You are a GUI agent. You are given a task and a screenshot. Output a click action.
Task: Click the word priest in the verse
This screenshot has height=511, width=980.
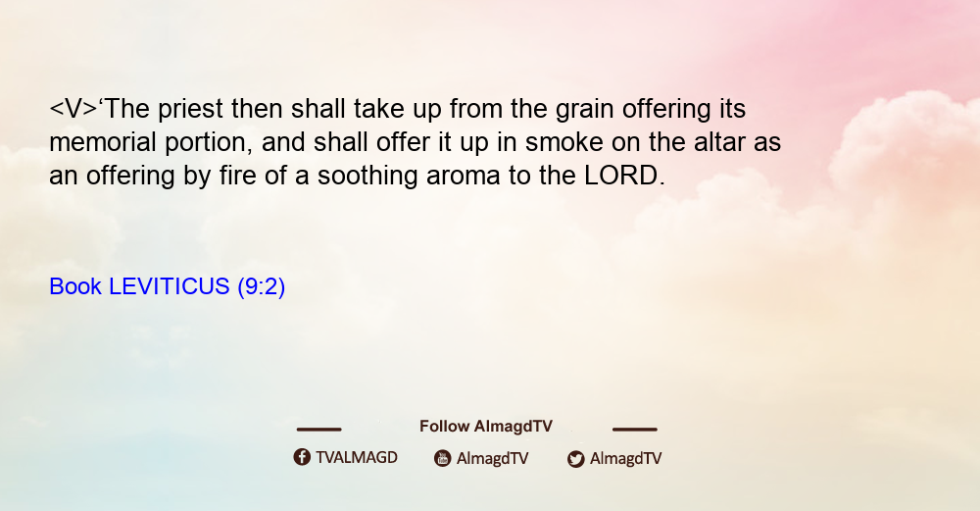point(190,110)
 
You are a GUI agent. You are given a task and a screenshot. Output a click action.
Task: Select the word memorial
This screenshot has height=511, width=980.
point(103,142)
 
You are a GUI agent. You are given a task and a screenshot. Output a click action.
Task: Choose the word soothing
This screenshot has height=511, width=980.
point(367,176)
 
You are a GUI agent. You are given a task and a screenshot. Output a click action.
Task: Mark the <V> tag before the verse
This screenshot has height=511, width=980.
point(73,110)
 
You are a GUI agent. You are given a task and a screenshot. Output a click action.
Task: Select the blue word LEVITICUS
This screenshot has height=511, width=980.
point(170,286)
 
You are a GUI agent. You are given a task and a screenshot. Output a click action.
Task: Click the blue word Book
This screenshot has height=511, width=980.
point(75,286)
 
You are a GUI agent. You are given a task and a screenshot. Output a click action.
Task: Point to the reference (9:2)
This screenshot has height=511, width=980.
point(262,287)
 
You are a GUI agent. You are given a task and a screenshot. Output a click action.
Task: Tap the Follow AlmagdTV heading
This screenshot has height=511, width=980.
point(486,427)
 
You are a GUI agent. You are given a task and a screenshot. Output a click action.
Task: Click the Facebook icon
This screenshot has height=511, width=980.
point(302,457)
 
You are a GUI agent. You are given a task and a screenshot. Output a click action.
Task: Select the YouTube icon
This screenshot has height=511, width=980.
point(443,458)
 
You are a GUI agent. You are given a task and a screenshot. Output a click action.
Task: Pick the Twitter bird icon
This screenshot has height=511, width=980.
point(576,459)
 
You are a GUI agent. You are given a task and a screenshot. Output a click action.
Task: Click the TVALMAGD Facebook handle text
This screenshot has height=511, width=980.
point(357,458)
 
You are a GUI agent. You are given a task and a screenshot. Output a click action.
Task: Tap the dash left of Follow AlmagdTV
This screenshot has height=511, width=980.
point(318,429)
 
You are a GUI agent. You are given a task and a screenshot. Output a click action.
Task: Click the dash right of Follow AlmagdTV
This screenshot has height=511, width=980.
point(635,429)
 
